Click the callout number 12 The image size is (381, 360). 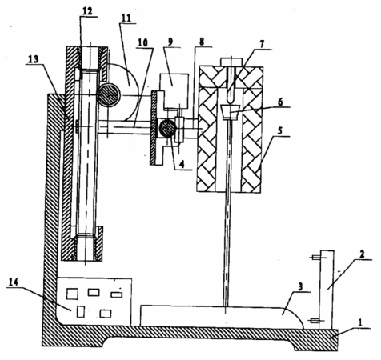click(x=87, y=11)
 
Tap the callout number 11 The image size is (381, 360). click(x=126, y=18)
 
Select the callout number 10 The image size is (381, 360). click(x=143, y=42)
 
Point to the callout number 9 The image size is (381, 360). click(x=170, y=42)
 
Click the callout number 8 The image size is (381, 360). click(x=202, y=42)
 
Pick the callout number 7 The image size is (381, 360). click(x=262, y=44)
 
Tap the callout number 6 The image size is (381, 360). click(x=280, y=102)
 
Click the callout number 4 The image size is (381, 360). click(x=182, y=165)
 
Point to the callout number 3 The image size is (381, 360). click(x=300, y=287)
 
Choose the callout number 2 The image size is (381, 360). click(x=361, y=254)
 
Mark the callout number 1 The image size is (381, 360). click(x=360, y=323)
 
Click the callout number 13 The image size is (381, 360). click(x=33, y=59)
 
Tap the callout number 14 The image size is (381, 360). click(x=14, y=282)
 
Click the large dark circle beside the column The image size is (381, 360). click(x=108, y=94)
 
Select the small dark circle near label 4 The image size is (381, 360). click(x=167, y=128)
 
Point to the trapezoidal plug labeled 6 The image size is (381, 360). click(x=231, y=111)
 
